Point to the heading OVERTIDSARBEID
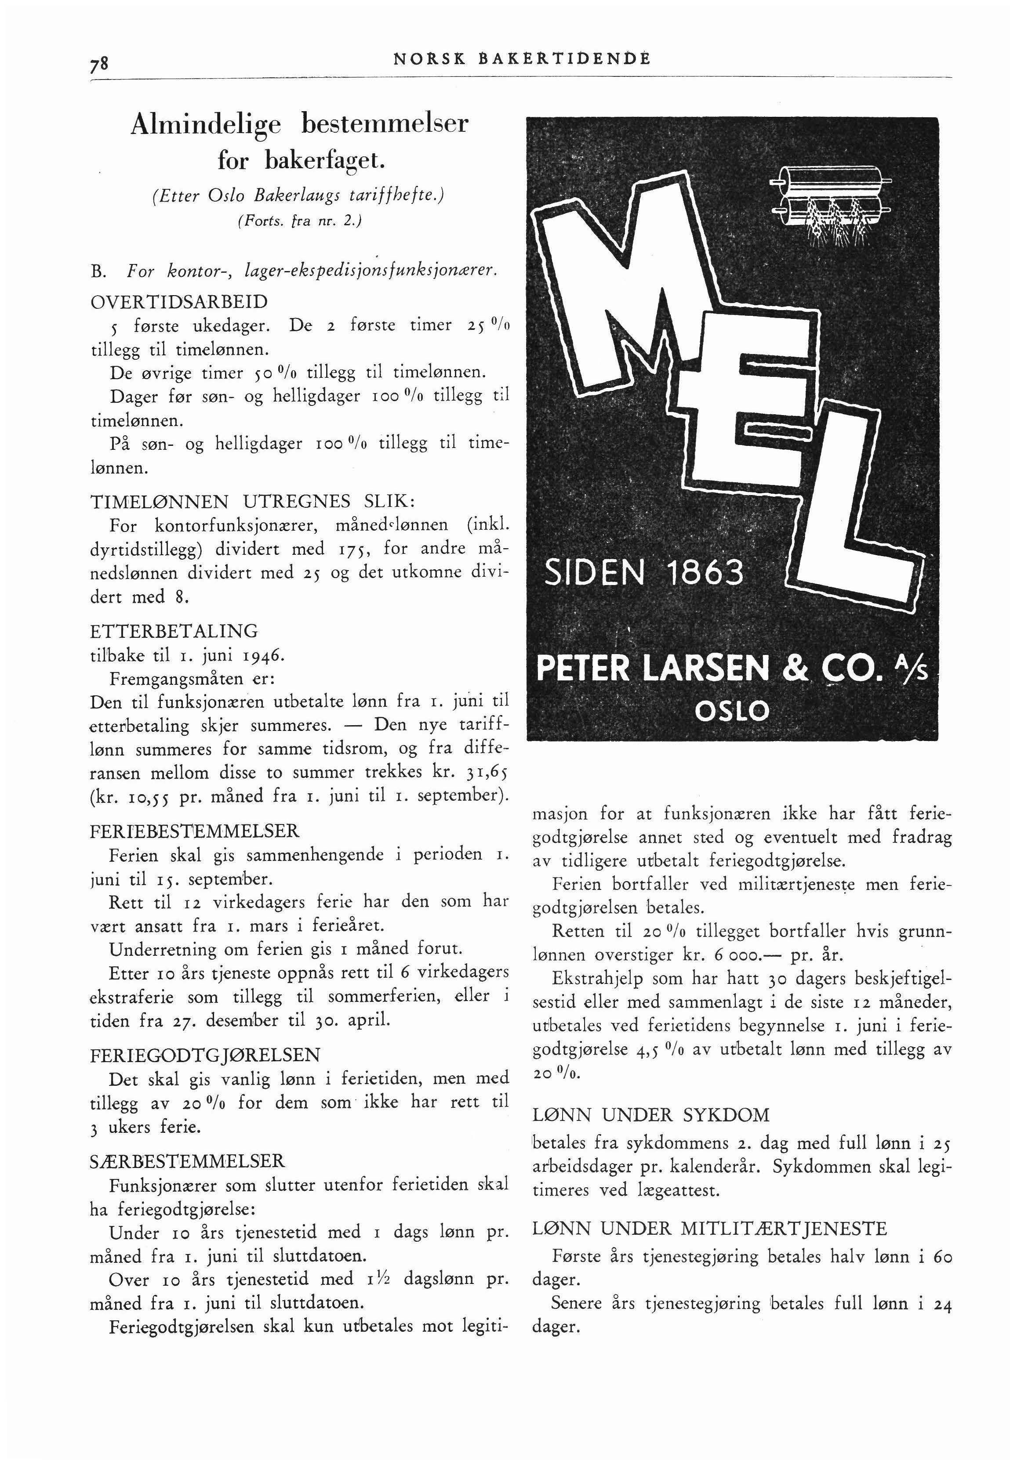(180, 301)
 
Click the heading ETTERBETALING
(174, 631)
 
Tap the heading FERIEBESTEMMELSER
(195, 830)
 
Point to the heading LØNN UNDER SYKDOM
(652, 1115)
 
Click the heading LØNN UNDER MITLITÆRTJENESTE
(711, 1229)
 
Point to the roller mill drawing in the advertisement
(829, 202)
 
